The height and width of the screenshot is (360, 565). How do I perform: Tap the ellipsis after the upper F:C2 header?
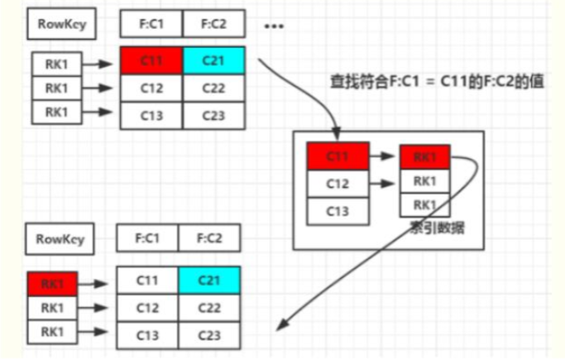point(274,26)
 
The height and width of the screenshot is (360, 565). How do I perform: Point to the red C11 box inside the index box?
point(338,156)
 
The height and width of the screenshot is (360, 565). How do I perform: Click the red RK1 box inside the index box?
point(425,156)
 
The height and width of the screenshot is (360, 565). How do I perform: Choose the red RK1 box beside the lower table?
point(52,283)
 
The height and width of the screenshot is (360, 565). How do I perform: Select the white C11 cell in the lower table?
point(147,281)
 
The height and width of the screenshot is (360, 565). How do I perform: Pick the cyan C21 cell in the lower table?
point(209,281)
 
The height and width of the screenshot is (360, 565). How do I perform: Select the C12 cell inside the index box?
point(338,184)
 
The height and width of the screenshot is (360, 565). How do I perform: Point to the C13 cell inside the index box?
point(338,211)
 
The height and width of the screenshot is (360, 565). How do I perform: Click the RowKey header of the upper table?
point(61,25)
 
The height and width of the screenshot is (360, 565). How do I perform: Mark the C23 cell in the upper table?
point(214,116)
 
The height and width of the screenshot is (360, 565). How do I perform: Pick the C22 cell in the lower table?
point(209,308)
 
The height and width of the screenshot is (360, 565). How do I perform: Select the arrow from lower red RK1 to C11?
point(97,283)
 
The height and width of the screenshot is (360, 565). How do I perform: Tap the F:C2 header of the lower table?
point(209,239)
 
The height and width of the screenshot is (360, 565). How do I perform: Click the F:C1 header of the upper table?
point(151,25)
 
